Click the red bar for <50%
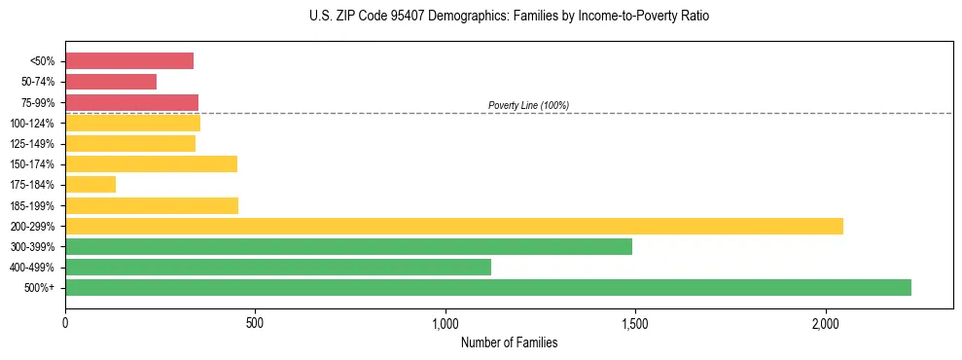click(x=129, y=61)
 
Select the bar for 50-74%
click(x=111, y=82)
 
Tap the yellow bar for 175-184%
click(x=90, y=185)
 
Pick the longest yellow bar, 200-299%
click(x=454, y=226)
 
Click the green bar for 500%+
click(x=488, y=287)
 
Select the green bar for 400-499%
click(x=278, y=267)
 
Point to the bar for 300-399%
click(x=348, y=246)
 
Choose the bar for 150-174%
click(x=151, y=164)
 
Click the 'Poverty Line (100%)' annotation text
click(x=528, y=105)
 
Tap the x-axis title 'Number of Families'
click(x=509, y=343)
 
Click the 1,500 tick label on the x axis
click(x=634, y=323)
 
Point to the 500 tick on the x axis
click(x=255, y=323)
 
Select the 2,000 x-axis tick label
click(x=825, y=323)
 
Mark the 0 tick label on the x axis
click(x=65, y=323)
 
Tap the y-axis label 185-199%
click(x=33, y=206)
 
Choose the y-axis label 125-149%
click(x=33, y=144)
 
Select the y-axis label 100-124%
click(x=33, y=124)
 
